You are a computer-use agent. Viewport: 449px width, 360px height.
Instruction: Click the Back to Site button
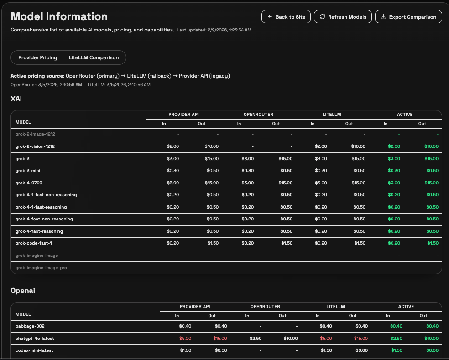pyautogui.click(x=286, y=17)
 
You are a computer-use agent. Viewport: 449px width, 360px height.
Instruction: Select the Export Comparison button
pyautogui.click(x=408, y=17)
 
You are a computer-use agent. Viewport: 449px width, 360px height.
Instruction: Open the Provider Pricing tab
pyautogui.click(x=37, y=57)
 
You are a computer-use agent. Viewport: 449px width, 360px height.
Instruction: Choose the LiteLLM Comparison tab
pyautogui.click(x=94, y=57)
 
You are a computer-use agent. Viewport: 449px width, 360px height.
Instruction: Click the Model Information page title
pyautogui.click(x=59, y=16)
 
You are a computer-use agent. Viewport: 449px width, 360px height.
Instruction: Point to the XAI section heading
pyautogui.click(x=16, y=98)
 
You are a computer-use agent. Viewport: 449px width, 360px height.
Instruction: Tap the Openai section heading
pyautogui.click(x=23, y=290)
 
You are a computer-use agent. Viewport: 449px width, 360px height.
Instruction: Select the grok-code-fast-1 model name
pyautogui.click(x=34, y=243)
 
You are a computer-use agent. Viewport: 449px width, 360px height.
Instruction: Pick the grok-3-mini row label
pyautogui.click(x=28, y=171)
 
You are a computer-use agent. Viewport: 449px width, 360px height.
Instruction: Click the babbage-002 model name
pyautogui.click(x=30, y=326)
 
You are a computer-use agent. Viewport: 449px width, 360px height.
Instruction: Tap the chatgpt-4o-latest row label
pyautogui.click(x=37, y=339)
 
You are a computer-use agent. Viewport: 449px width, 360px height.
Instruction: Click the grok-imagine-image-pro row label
pyautogui.click(x=41, y=267)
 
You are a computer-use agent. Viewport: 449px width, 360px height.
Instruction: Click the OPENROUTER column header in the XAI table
pyautogui.click(x=259, y=115)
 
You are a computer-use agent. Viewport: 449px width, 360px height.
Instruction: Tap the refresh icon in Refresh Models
pyautogui.click(x=323, y=17)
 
